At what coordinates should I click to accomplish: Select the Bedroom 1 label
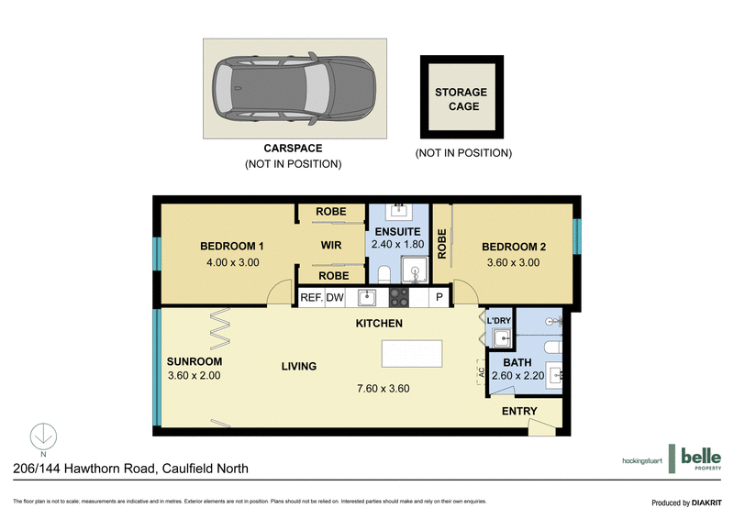click(x=232, y=246)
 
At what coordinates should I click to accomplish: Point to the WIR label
click(x=331, y=246)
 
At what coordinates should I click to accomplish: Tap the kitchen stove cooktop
click(x=399, y=297)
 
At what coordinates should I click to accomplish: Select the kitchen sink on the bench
click(x=366, y=297)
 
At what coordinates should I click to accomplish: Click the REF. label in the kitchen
click(x=312, y=297)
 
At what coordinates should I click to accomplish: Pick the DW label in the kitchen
click(x=334, y=297)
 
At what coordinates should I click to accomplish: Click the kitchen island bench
click(x=411, y=353)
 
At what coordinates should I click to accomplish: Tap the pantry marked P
click(x=439, y=297)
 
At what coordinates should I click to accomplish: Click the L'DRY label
click(x=498, y=320)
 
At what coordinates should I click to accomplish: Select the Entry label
click(x=519, y=412)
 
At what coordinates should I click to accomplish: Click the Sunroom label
click(x=194, y=360)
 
